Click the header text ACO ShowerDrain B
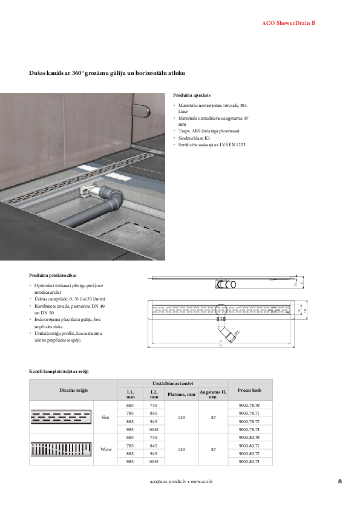pos(287,22)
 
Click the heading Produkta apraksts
pos(192,96)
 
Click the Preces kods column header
pos(250,390)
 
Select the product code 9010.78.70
pos(249,405)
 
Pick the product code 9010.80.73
pos(249,461)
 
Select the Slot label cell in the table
pos(105,417)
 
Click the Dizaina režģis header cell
pos(73,390)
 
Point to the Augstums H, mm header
pos(213,394)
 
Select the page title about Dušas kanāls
pos(107,73)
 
